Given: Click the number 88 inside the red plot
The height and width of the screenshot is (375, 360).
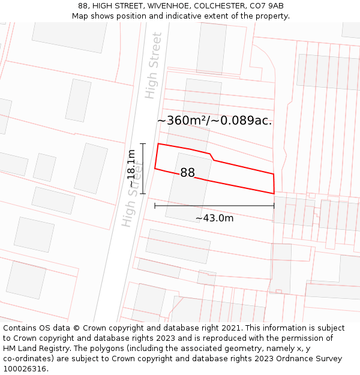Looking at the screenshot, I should coord(188,173).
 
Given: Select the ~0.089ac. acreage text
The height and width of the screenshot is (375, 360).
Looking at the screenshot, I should coord(243,121).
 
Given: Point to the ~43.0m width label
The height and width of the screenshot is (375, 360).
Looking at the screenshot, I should coord(214,218).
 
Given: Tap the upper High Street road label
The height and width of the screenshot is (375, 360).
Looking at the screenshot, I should coord(154,65).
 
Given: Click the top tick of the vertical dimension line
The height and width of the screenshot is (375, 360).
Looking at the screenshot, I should coord(143,144).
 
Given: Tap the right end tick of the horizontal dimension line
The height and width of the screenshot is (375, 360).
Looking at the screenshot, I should coord(274,206).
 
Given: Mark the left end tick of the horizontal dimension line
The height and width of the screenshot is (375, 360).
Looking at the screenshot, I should coord(155,206).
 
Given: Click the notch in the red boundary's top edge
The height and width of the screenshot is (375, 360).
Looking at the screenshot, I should coord(212,157).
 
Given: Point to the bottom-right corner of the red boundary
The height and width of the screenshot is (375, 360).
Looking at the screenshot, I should coord(274,193).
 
